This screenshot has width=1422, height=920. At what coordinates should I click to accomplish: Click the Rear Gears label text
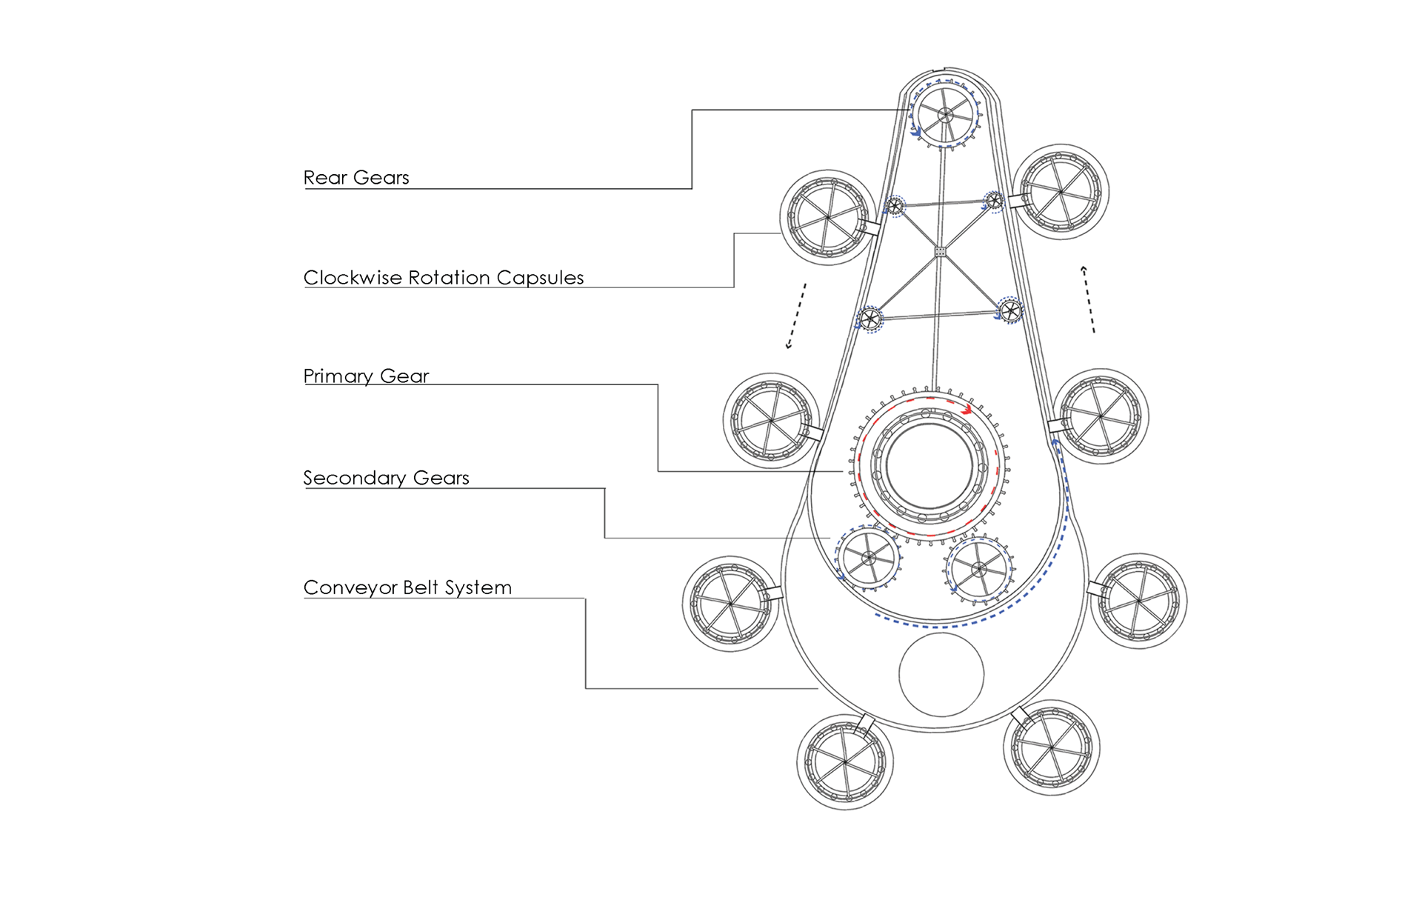click(356, 178)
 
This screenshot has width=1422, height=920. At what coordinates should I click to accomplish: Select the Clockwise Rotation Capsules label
click(444, 278)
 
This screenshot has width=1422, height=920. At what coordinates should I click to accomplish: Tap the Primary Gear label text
click(366, 376)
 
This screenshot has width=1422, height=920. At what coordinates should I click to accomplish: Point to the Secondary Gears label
click(386, 478)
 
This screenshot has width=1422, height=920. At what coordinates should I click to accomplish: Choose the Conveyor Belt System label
click(407, 587)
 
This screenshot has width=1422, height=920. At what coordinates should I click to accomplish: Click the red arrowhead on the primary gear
click(966, 409)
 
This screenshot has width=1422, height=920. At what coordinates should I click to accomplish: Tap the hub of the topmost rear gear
click(945, 115)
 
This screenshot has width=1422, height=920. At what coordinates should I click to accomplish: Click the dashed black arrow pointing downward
click(796, 316)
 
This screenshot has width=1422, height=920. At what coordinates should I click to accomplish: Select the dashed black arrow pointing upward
click(1088, 299)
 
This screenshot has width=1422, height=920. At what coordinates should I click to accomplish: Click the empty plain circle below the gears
click(941, 674)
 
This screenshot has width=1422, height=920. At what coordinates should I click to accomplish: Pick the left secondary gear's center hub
click(869, 558)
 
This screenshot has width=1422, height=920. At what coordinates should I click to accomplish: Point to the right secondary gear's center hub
click(979, 570)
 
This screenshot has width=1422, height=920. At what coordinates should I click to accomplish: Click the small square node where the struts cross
click(940, 252)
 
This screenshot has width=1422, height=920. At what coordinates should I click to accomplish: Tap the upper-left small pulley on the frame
click(895, 206)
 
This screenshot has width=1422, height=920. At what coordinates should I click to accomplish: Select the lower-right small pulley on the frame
click(1010, 310)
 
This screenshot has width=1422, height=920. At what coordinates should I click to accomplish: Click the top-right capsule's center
click(1061, 192)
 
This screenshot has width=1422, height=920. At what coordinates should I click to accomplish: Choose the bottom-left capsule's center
click(845, 761)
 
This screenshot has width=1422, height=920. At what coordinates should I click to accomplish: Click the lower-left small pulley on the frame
click(869, 320)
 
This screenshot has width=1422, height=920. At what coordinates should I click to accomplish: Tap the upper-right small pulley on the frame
click(994, 201)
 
